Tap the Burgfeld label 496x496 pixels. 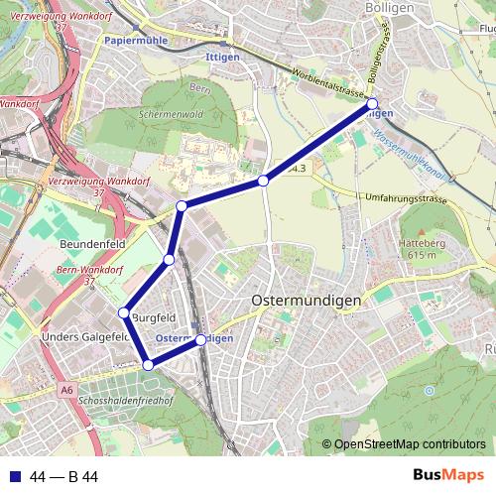[x=154, y=317]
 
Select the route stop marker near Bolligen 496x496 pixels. [x=373, y=103]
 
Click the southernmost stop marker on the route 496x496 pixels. [x=149, y=365]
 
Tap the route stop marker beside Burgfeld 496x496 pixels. [x=124, y=313]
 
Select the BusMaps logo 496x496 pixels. [x=447, y=476]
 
